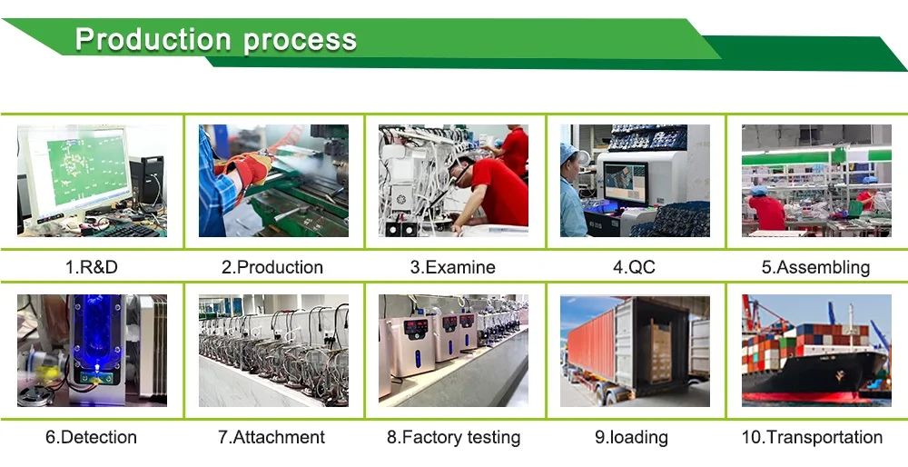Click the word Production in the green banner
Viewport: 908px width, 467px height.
tap(153, 39)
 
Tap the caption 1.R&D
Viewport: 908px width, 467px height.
tap(92, 267)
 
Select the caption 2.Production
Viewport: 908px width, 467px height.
tap(272, 267)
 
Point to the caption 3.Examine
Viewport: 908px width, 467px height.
tap(453, 267)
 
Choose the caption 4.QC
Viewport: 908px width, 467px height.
tap(634, 267)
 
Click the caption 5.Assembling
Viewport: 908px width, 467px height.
tap(815, 267)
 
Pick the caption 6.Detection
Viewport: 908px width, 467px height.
tap(92, 437)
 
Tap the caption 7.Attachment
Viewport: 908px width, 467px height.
tap(272, 437)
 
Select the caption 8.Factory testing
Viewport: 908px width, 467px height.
tap(454, 437)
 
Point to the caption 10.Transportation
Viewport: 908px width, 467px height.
tap(812, 437)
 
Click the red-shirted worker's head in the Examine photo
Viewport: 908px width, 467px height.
tap(462, 167)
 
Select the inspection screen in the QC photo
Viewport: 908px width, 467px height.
tap(625, 182)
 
